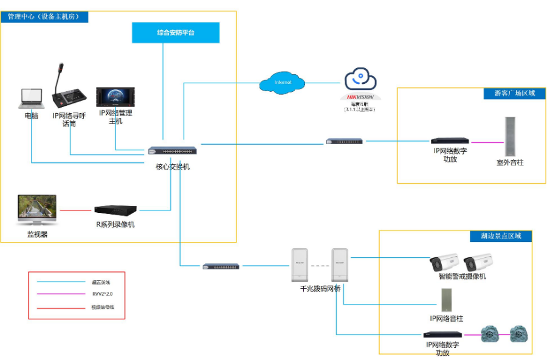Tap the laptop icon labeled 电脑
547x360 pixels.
coord(31,99)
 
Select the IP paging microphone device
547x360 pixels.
coord(70,90)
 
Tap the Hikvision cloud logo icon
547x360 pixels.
coord(360,80)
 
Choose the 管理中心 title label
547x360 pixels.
coord(44,17)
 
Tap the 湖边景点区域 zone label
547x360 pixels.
coord(500,236)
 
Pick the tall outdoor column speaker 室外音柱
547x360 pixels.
coord(509,137)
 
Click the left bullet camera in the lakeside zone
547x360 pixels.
coord(444,263)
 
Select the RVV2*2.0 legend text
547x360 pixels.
coord(100,295)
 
